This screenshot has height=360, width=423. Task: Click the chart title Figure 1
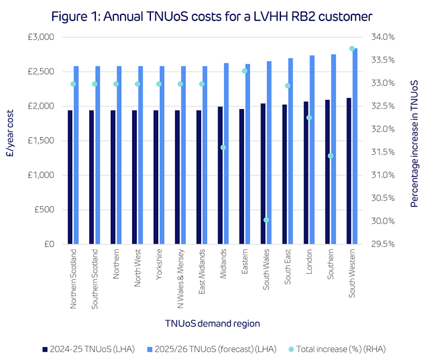pos(211,16)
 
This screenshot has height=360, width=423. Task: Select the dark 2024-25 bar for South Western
pos(349,171)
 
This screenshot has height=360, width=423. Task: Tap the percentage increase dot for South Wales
pos(266,220)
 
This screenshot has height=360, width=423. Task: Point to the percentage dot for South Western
pos(352,49)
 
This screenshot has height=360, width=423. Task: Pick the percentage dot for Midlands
pos(223,147)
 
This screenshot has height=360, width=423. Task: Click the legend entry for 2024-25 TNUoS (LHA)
pos(88,348)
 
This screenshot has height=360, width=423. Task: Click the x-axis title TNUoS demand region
pos(212,323)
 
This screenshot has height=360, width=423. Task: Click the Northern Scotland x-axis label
pos(74,278)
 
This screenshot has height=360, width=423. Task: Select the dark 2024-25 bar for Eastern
pos(241,176)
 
